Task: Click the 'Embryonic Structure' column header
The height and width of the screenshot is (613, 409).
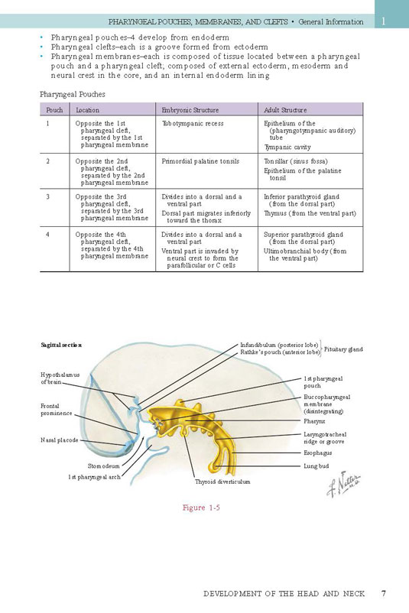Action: click(190, 110)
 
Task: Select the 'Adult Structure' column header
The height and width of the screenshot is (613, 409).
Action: click(285, 110)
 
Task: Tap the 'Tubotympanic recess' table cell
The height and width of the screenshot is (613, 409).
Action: click(193, 124)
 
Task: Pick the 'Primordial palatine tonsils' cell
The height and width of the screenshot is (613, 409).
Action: click(200, 161)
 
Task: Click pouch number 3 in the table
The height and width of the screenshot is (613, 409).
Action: click(47, 196)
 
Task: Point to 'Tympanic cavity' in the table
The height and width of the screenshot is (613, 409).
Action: click(287, 148)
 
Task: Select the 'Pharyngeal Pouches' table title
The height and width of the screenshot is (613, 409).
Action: click(73, 94)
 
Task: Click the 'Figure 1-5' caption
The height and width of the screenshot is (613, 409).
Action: click(201, 508)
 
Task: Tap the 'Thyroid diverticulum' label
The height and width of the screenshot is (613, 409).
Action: click(222, 482)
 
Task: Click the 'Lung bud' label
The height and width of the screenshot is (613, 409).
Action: click(316, 466)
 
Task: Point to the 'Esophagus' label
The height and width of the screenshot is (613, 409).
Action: click(317, 452)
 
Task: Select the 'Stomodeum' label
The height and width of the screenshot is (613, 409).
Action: click(104, 466)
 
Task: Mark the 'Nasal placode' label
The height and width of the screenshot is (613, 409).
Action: click(60, 440)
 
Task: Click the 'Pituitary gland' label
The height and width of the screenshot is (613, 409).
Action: click(343, 349)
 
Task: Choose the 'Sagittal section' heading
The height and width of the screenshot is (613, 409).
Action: click(61, 345)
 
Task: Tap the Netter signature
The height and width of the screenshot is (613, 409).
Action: click(343, 485)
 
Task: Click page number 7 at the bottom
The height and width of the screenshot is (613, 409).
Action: click(384, 593)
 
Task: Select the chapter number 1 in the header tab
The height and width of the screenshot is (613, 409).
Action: click(383, 21)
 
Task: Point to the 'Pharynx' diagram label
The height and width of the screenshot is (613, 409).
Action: click(314, 421)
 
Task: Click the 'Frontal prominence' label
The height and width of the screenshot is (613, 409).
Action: click(57, 410)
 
